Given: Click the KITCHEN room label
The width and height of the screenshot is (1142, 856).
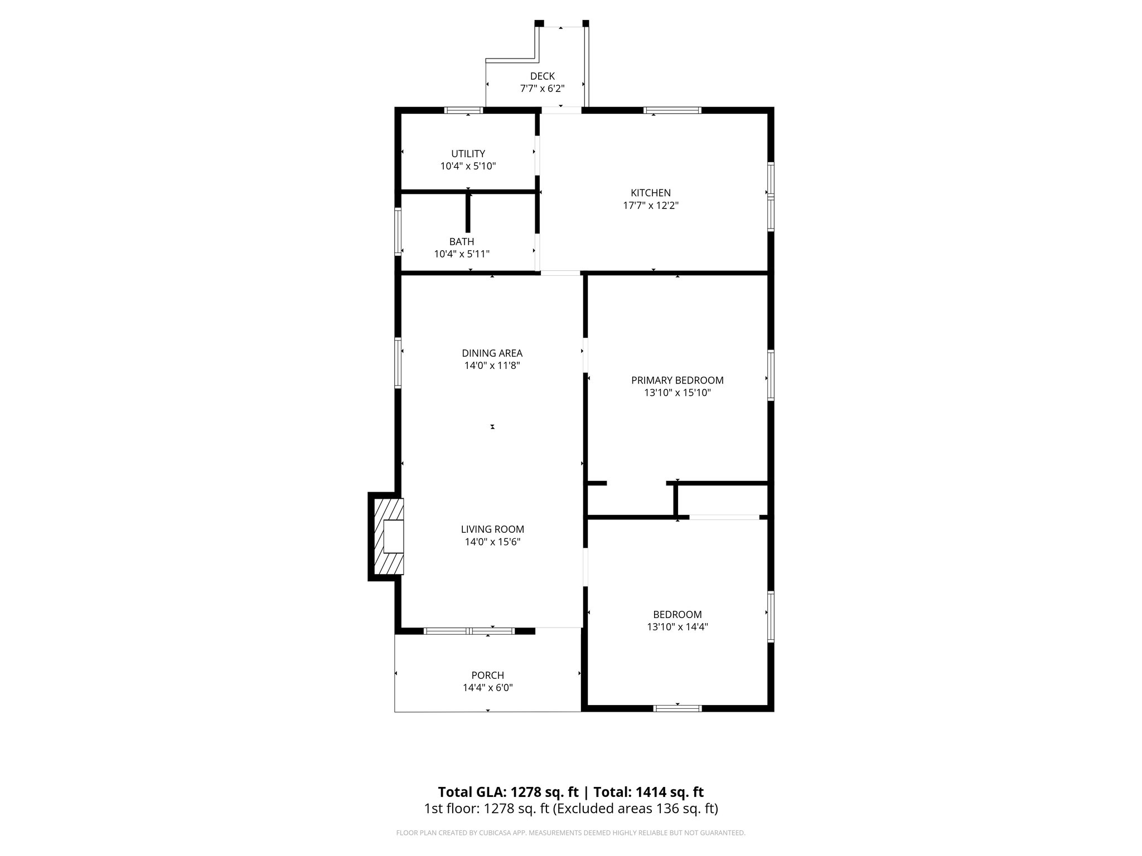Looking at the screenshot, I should tap(650, 193).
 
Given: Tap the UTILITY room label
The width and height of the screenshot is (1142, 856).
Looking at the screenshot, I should tap(468, 154).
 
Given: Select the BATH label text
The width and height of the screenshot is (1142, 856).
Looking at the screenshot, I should tap(462, 241).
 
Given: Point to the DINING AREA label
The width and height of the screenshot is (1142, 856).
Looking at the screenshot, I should tap(492, 353).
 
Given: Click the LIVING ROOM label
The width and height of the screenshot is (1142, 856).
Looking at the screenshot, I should tap(492, 529).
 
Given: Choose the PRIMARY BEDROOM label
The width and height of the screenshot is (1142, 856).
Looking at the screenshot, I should tap(677, 380).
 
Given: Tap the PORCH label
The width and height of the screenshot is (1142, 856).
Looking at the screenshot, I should tap(487, 675).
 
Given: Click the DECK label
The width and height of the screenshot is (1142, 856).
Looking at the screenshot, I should tap(542, 76).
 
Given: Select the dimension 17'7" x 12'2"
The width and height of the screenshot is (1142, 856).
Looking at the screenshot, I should tap(650, 206).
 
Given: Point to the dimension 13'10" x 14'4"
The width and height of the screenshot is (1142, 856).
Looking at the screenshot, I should tap(677, 627).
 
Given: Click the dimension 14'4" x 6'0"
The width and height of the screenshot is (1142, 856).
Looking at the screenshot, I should tap(487, 688).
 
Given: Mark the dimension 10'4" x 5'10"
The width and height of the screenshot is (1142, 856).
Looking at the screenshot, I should tap(468, 166).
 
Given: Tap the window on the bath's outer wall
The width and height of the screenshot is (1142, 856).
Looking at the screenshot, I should tap(398, 231).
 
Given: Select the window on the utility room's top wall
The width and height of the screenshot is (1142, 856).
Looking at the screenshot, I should tap(463, 110).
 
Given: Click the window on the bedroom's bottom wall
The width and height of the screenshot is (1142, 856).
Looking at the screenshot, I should tap(677, 708).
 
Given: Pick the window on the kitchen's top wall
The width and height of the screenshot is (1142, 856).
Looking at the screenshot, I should tap(672, 110).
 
